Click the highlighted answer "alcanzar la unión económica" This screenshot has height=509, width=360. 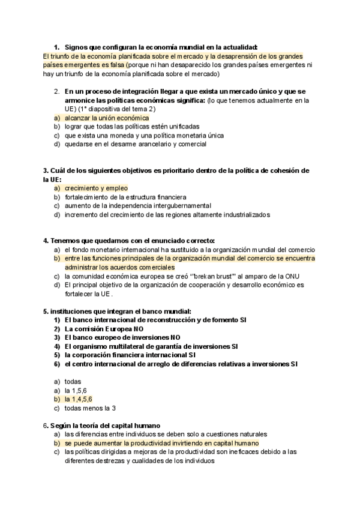[107, 118]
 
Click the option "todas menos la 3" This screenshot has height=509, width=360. [90, 408]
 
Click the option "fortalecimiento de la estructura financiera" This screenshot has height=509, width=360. [125, 197]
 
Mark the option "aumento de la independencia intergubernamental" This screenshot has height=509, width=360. [138, 205]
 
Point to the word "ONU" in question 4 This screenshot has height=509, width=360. [292, 276]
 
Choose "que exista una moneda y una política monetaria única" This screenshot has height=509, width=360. [144, 136]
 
